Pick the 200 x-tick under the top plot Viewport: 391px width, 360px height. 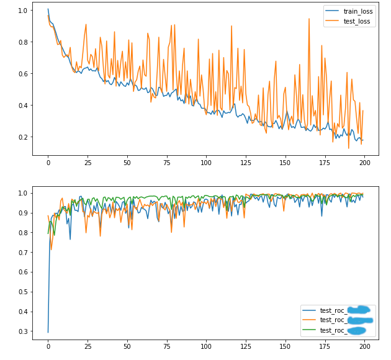(x=364, y=163)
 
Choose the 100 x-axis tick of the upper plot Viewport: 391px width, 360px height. (x=206, y=163)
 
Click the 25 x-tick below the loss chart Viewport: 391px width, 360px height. (x=88, y=163)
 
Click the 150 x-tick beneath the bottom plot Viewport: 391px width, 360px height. (x=285, y=346)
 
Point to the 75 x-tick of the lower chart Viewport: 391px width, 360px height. (x=166, y=346)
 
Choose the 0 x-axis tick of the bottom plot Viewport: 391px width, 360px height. (x=48, y=346)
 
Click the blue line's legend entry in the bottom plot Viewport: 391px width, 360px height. (x=335, y=310)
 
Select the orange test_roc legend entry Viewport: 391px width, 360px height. (x=335, y=320)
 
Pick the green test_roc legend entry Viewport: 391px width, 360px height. (x=335, y=330)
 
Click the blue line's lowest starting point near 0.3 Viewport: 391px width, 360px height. (x=48, y=332)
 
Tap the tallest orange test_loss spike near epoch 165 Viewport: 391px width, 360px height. (x=309, y=19)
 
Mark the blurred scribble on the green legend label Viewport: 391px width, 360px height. (x=357, y=330)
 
